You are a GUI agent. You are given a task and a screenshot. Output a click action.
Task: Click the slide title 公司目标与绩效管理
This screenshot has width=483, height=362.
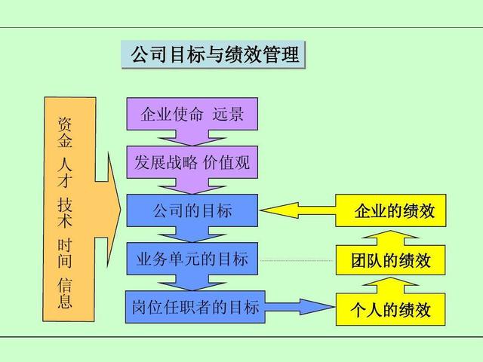[214, 55]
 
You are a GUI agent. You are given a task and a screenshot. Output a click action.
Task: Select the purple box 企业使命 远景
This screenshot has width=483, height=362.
[192, 115]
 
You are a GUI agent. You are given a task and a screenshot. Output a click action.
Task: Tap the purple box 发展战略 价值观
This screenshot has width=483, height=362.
[192, 161]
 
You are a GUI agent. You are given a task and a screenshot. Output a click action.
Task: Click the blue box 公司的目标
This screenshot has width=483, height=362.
[192, 210]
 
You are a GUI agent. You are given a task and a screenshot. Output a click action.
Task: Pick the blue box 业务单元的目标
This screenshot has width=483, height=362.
[192, 259]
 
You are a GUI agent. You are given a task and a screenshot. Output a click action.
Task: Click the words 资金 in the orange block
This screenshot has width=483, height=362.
[66, 130]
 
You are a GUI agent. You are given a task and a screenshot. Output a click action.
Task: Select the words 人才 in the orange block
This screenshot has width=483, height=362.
[66, 171]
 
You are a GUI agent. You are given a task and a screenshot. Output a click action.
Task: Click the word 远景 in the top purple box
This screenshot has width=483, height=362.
[229, 115]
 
